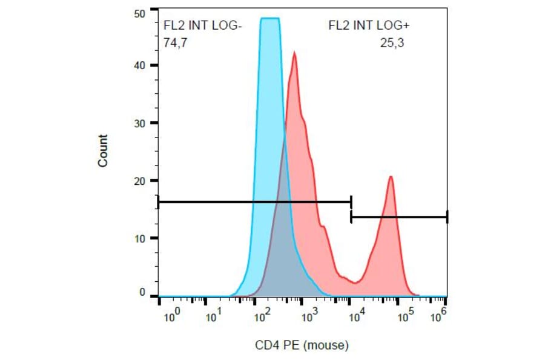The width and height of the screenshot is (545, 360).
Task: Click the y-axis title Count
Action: click(x=102, y=151)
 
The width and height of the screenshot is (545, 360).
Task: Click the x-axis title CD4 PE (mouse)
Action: click(x=302, y=345)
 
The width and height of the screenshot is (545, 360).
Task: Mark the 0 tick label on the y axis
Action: click(x=142, y=293)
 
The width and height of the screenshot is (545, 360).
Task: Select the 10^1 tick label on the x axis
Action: click(x=214, y=316)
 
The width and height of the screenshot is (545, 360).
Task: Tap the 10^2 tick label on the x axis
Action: click(x=262, y=316)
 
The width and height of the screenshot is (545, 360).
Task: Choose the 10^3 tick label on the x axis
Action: click(x=309, y=316)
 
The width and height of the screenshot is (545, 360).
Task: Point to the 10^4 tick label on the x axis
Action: click(x=357, y=316)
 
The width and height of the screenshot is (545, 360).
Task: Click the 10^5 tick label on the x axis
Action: click(x=404, y=316)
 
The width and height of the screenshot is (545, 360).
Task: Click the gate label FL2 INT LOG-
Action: click(x=203, y=25)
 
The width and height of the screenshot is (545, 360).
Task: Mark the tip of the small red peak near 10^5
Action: click(x=391, y=176)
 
